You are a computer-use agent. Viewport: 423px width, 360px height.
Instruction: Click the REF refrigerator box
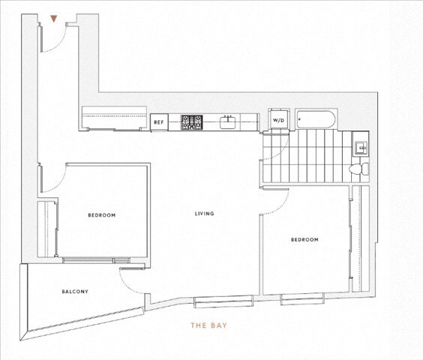(x=158, y=121)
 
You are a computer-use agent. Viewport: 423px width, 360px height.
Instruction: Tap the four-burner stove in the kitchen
(x=191, y=121)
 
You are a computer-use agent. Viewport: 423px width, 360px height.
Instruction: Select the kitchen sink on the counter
(x=229, y=121)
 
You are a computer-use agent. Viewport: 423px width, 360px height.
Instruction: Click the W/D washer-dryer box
(x=278, y=120)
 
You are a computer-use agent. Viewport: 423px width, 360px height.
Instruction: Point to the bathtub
(x=316, y=118)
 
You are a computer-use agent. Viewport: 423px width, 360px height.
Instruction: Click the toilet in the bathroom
(x=360, y=169)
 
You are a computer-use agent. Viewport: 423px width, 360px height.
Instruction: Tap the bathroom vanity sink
(x=360, y=145)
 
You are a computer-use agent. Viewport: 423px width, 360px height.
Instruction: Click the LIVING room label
(x=204, y=214)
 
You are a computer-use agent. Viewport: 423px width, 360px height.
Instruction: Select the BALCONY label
(x=75, y=292)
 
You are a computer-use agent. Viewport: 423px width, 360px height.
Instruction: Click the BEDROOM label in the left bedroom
(x=101, y=215)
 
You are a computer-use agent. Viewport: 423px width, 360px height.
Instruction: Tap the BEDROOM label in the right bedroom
(x=304, y=240)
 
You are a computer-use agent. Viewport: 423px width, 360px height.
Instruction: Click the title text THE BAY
(x=208, y=326)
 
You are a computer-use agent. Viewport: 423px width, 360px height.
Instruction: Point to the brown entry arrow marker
(x=52, y=19)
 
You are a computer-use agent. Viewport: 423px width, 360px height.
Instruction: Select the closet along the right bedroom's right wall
(x=361, y=240)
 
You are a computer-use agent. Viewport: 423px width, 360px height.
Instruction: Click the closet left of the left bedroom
(x=49, y=229)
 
